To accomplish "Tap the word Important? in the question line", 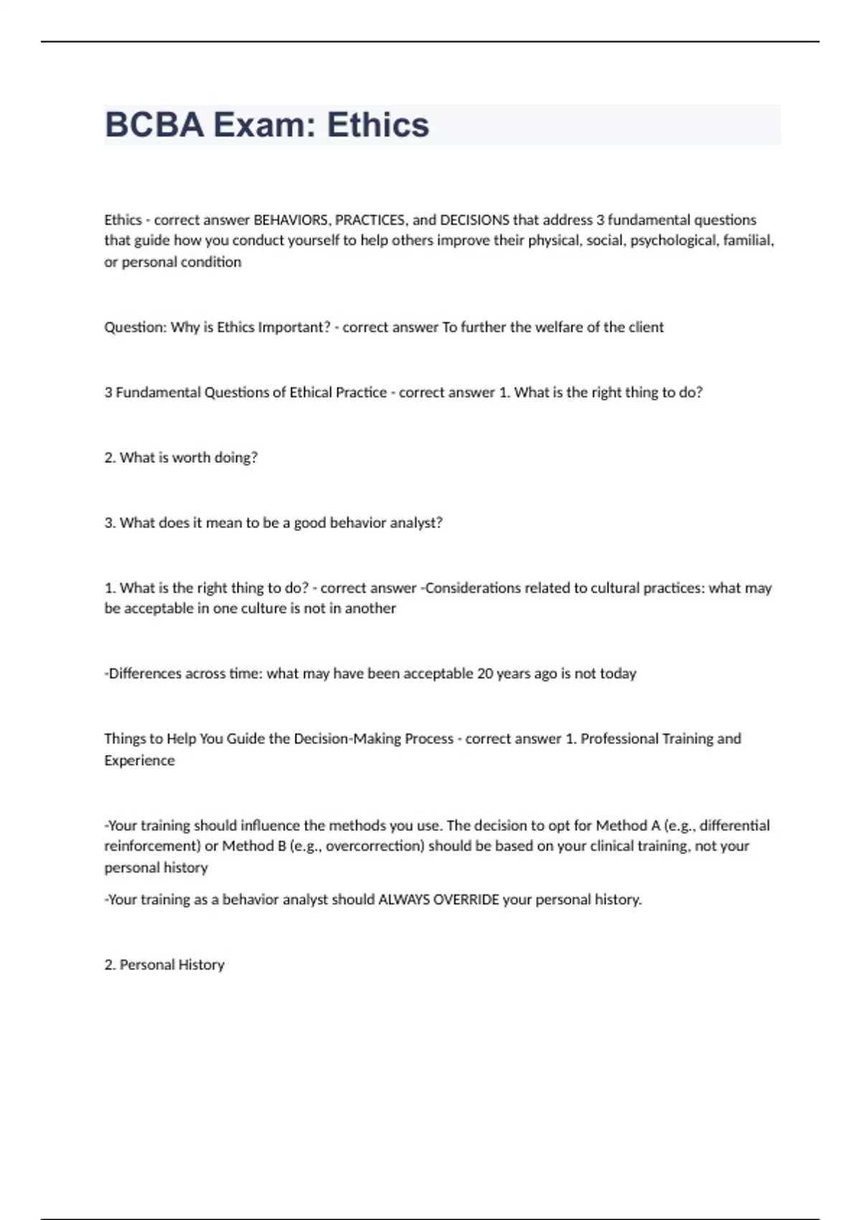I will coord(294,327).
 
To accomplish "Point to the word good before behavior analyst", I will coord(309,523).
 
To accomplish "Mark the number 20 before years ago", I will coord(485,674).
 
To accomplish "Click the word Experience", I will coord(139,761).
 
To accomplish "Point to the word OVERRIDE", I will coord(466,900).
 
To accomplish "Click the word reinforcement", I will coord(150,846).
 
